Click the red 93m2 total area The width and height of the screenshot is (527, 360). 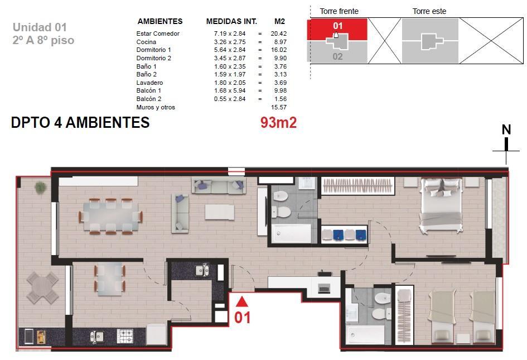tap(278, 122)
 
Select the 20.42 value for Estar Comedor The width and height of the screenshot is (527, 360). tap(279, 33)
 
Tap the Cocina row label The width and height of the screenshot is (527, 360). tap(146, 42)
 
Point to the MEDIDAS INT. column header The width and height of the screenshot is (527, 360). tap(231, 22)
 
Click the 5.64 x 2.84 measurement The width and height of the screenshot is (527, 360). tap(230, 50)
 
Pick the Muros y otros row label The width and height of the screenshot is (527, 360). tap(156, 107)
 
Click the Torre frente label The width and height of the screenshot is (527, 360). tap(339, 11)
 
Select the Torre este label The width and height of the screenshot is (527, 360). tap(429, 11)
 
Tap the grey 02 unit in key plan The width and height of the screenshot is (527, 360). tap(337, 56)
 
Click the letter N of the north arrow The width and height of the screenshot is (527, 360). tap(506, 130)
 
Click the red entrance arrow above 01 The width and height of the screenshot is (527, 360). tap(241, 302)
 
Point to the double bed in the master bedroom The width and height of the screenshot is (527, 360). tap(441, 205)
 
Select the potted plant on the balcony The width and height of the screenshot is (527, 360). tap(40, 188)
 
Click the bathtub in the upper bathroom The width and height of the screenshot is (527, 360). tap(292, 233)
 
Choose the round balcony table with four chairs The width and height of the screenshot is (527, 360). tap(43, 288)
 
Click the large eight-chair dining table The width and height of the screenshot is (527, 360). tap(110, 216)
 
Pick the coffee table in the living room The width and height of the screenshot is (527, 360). tap(220, 212)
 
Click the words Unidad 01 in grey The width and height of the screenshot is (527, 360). tap(40, 27)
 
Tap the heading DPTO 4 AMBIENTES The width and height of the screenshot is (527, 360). tap(80, 122)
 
